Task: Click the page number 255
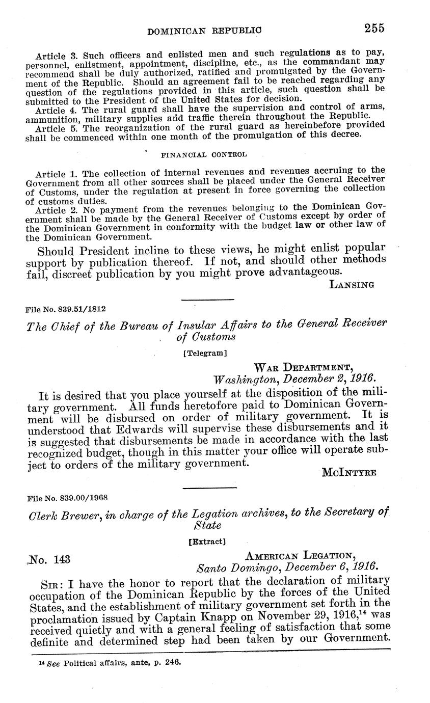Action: pos(374,28)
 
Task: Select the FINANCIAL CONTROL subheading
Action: pos(204,154)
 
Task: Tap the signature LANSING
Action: pos(352,285)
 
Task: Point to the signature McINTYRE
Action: pos(349,473)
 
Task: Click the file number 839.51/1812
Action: pos(66,309)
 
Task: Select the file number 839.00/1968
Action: pos(66,497)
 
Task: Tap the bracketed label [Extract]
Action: pos(207,542)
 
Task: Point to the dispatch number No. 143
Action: pos(49,560)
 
